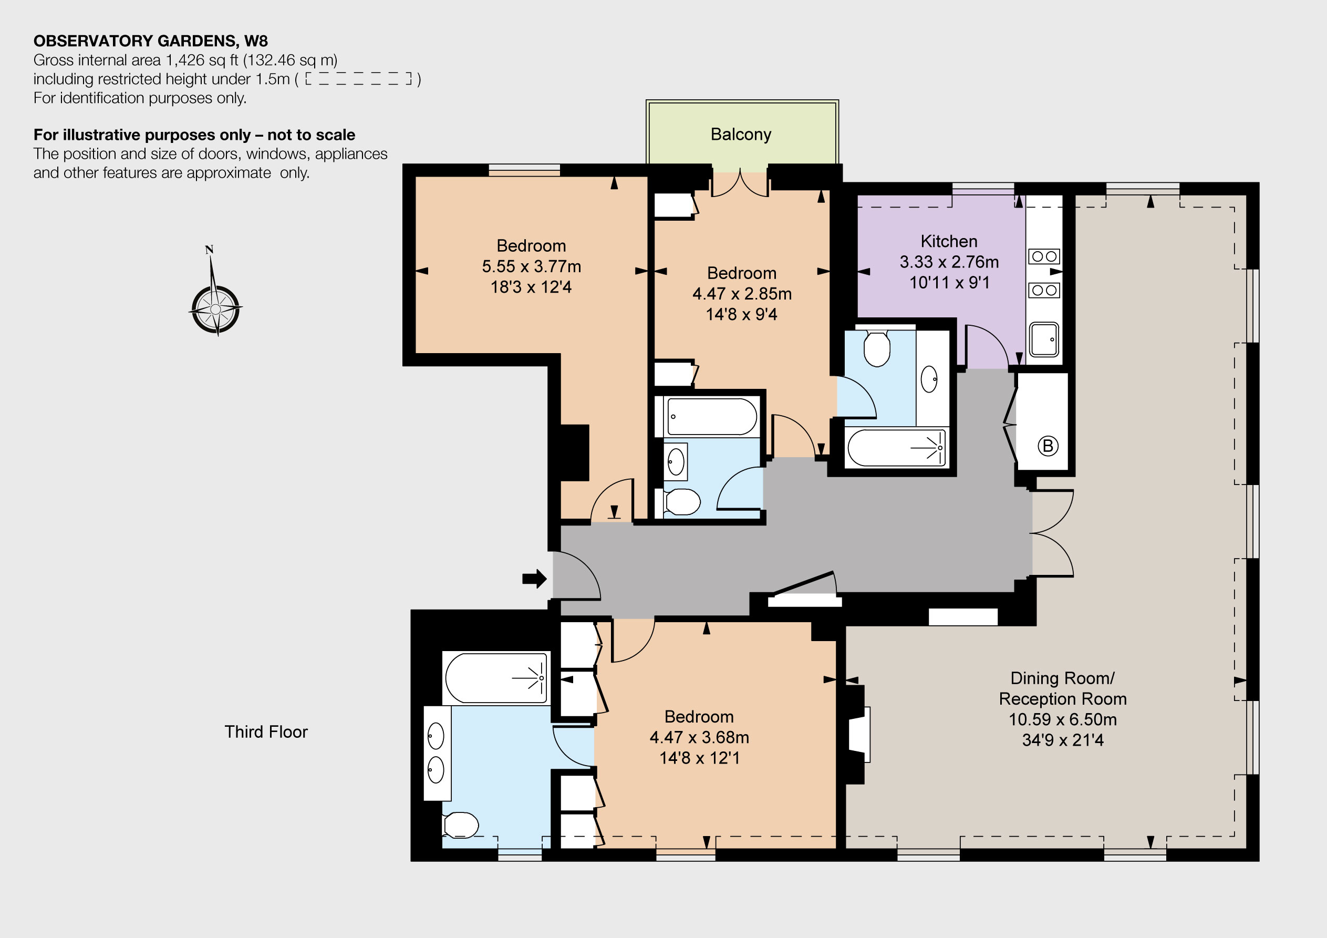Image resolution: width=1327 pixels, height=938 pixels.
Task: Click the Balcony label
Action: (740, 134)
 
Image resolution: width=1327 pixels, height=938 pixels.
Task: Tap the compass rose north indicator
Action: (209, 250)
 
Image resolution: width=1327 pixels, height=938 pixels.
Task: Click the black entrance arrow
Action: (535, 578)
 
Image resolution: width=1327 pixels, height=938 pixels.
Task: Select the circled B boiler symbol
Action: (1048, 446)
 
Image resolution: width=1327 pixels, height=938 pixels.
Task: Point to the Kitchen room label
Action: (949, 241)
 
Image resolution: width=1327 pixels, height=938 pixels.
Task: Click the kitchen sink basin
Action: (1044, 339)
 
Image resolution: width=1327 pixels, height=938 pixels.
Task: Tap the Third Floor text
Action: (266, 731)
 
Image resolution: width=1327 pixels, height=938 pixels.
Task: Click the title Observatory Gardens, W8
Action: (151, 41)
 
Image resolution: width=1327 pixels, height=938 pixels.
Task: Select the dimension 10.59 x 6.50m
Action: (1062, 719)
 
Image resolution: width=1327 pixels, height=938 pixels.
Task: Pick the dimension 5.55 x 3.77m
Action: (531, 266)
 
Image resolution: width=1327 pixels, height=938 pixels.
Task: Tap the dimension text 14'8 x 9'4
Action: (742, 314)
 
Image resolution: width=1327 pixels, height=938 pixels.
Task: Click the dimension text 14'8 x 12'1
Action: (699, 758)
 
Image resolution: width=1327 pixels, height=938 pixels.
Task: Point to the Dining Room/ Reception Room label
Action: (1062, 688)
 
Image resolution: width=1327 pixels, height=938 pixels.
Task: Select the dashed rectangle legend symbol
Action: (358, 79)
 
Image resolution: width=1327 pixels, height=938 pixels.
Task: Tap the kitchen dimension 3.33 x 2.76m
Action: (949, 262)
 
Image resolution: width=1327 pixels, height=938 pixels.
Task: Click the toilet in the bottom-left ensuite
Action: (461, 825)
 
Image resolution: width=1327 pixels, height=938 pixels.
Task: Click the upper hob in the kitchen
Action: (1044, 256)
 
